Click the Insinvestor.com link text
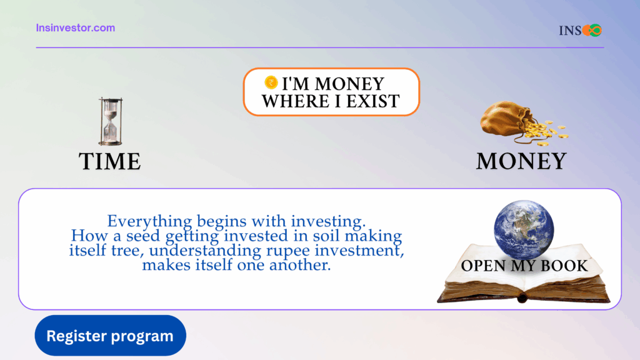tap(76, 27)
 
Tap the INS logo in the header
tap(580, 30)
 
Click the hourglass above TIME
tap(110, 121)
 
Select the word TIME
tap(110, 161)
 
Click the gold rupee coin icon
tap(271, 82)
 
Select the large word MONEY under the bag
tap(521, 161)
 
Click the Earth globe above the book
tap(524, 230)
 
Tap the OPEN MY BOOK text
tap(524, 266)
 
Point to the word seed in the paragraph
tap(143, 236)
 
